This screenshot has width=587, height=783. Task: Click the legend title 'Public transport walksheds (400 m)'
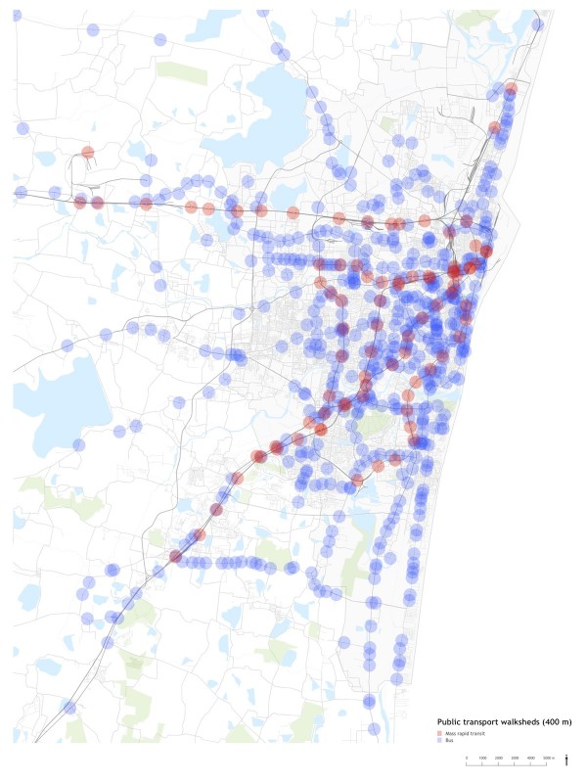click(504, 721)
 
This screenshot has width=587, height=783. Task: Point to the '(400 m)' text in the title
click(557, 721)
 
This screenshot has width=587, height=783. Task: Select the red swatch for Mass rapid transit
click(439, 732)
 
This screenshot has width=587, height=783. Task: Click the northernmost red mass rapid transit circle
click(511, 88)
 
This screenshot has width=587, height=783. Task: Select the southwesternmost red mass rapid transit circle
click(175, 557)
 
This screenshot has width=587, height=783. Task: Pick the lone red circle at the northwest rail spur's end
click(88, 153)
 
